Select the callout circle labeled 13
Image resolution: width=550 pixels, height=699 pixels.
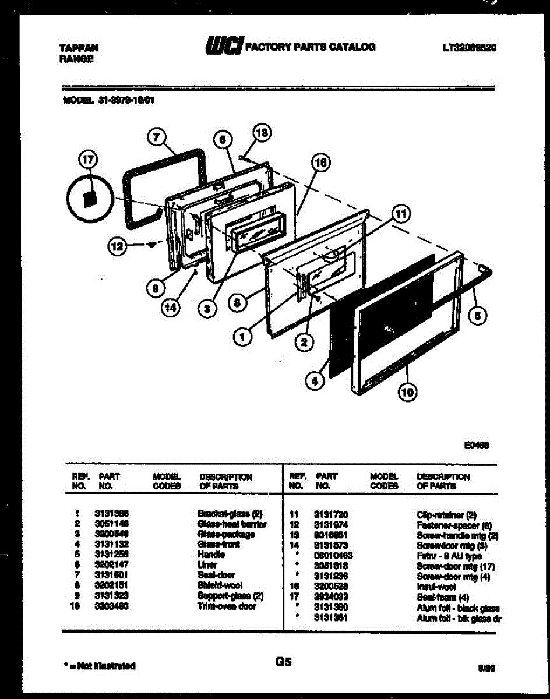(262, 133)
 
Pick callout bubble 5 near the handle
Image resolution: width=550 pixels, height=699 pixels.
(478, 316)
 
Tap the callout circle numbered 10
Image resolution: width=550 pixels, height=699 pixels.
(407, 394)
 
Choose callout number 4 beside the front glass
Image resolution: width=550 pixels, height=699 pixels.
(314, 382)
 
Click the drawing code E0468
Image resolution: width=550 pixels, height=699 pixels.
(476, 444)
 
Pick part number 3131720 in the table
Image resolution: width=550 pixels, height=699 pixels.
(330, 515)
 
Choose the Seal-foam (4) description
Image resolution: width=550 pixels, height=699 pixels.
(442, 597)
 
